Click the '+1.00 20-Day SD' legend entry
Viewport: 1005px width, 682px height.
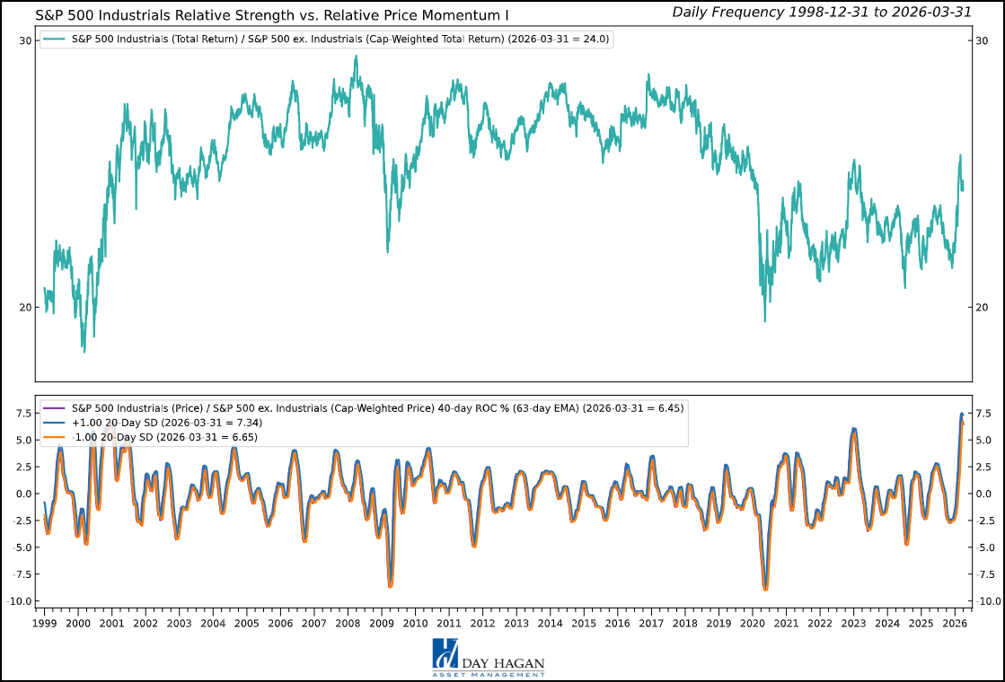pyautogui.click(x=166, y=422)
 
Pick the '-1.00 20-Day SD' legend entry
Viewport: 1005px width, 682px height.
pyautogui.click(x=165, y=436)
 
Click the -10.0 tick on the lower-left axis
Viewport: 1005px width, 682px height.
pyautogui.click(x=20, y=601)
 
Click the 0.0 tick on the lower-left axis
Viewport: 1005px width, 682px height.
pyautogui.click(x=23, y=494)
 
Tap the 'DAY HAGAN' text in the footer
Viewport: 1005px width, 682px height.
pyautogui.click(x=502, y=663)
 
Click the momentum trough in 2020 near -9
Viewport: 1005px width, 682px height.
pyautogui.click(x=765, y=589)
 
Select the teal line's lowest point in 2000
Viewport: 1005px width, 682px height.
pyautogui.click(x=84, y=351)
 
